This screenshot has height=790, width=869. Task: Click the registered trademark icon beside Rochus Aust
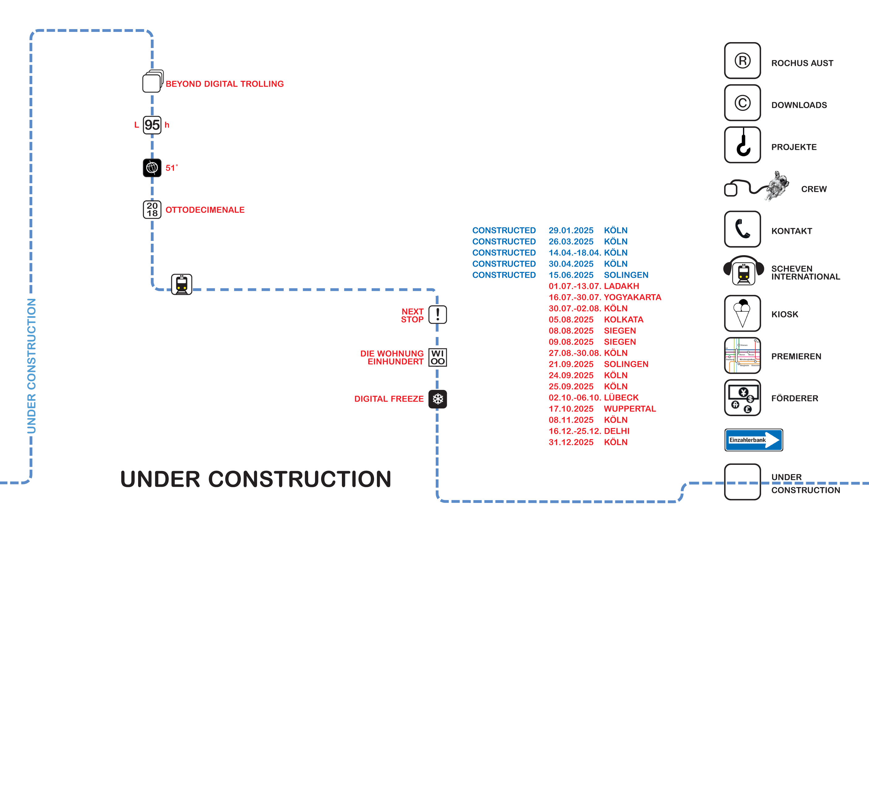pos(742,61)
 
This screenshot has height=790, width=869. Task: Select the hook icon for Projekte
pos(742,145)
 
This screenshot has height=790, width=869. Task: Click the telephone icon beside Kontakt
pos(742,229)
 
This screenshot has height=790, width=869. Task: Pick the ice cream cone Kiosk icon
pos(742,313)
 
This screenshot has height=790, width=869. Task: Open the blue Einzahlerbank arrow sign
pos(753,440)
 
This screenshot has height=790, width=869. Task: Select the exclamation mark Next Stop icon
pos(438,315)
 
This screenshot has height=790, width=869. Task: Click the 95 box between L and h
pos(152,125)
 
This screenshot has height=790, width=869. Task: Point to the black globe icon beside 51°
pos(152,168)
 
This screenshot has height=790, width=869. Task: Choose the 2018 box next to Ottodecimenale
pos(152,209)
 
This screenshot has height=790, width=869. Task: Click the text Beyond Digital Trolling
pos(225,84)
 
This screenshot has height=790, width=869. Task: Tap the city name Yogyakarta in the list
pos(632,297)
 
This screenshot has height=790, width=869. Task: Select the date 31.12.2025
pos(571,442)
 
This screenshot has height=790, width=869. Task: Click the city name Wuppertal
pos(630,408)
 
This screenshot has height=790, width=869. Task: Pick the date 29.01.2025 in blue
pos(571,231)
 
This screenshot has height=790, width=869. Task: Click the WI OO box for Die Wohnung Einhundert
pos(438,357)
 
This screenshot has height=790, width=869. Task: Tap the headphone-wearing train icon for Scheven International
pos(744,271)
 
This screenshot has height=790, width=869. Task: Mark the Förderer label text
pos(794,399)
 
